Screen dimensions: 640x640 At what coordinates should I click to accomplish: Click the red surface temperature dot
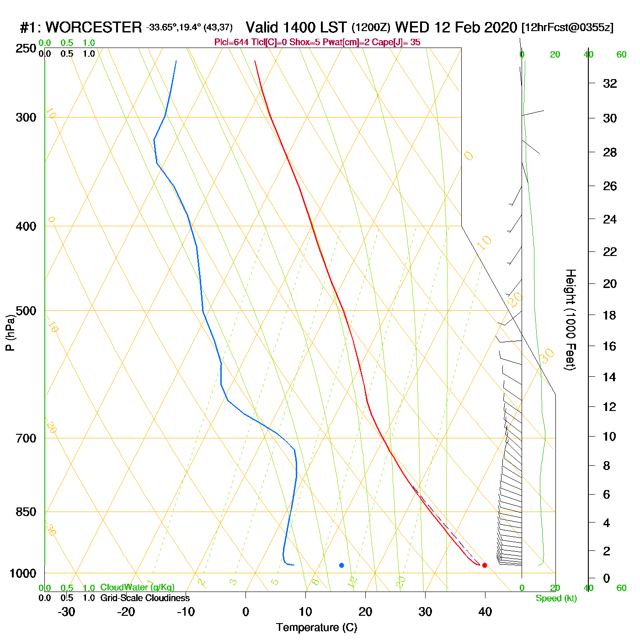pyautogui.click(x=485, y=565)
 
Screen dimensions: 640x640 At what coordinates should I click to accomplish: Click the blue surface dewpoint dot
pyautogui.click(x=341, y=565)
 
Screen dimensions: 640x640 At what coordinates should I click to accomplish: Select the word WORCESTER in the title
pyautogui.click(x=94, y=27)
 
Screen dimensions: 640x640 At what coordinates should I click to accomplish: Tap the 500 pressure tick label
pyautogui.click(x=26, y=311)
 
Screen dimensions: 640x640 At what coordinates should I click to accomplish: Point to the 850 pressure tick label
pyautogui.click(x=26, y=512)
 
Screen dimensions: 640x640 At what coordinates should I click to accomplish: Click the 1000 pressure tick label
pyautogui.click(x=23, y=573)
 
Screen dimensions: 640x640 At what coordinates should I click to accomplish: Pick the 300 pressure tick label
pyautogui.click(x=26, y=117)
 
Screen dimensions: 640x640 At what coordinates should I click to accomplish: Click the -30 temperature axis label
pyautogui.click(x=66, y=612)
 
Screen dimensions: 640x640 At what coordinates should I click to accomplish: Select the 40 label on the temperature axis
pyautogui.click(x=485, y=612)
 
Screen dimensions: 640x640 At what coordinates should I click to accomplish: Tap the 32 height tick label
pyautogui.click(x=610, y=83)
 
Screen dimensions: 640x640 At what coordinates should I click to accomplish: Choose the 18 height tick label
pyautogui.click(x=610, y=315)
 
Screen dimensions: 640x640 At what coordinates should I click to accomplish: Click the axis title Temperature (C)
pyautogui.click(x=316, y=628)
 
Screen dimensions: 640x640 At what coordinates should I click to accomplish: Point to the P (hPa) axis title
pyautogui.click(x=10, y=332)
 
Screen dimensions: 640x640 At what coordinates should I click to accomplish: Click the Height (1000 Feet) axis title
pyautogui.click(x=571, y=320)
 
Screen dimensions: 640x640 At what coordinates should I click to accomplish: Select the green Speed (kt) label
pyautogui.click(x=556, y=598)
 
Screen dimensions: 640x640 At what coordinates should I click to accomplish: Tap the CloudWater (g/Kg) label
pyautogui.click(x=137, y=587)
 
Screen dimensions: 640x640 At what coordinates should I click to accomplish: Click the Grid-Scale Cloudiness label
pyautogui.click(x=145, y=598)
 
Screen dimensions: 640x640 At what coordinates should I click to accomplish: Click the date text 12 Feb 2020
pyautogui.click(x=475, y=27)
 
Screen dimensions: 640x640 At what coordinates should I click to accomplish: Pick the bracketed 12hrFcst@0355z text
pyautogui.click(x=567, y=27)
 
